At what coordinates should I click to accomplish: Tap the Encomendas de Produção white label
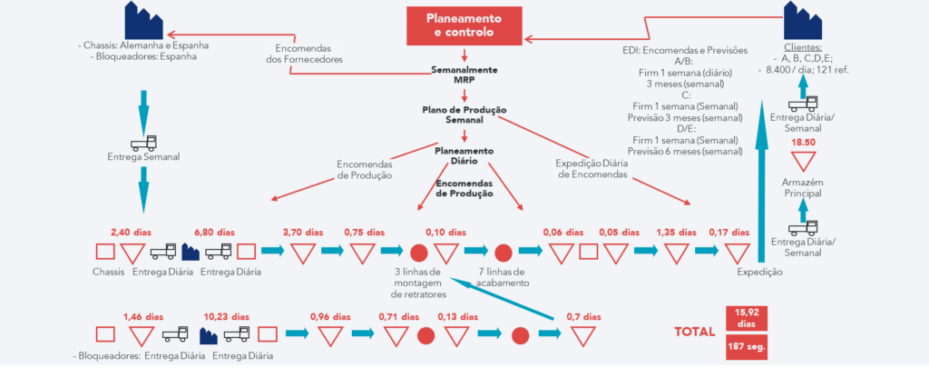[364, 169]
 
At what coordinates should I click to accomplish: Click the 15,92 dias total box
[748, 317]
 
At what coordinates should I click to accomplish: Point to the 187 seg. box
[748, 347]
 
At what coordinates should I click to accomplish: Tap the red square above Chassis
[106, 251]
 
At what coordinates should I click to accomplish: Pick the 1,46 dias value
[142, 317]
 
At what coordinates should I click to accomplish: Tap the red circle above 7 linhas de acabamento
[504, 252]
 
